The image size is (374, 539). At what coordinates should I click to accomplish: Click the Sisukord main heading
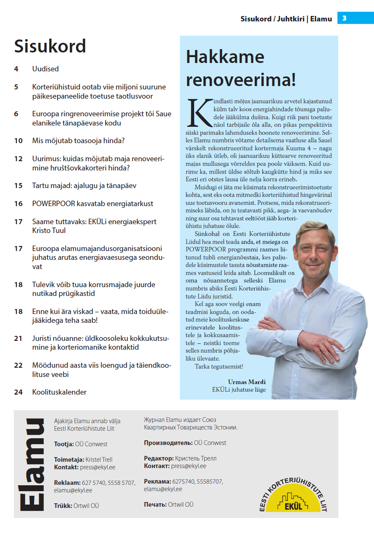point(50,46)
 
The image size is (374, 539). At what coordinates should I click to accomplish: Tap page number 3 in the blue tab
point(345,18)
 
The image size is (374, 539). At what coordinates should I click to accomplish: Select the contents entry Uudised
point(45,69)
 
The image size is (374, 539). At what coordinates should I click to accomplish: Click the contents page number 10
point(18,141)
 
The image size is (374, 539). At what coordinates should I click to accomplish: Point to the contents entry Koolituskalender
point(59,392)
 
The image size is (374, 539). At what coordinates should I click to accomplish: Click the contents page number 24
point(18,392)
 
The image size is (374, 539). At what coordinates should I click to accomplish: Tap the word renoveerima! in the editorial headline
point(241,79)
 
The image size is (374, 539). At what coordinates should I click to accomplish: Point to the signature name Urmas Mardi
point(247,382)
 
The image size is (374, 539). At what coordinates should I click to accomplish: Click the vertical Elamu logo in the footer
point(33,464)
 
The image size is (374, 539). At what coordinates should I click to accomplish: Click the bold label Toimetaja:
point(69,460)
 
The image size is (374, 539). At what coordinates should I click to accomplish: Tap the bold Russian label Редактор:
point(159,458)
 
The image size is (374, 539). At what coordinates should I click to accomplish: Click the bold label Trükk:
point(63,506)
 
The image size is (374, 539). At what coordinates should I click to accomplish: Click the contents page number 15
point(18,186)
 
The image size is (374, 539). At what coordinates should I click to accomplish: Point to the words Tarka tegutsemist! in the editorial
point(219,366)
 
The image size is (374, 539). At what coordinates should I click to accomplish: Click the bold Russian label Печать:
point(155,504)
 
